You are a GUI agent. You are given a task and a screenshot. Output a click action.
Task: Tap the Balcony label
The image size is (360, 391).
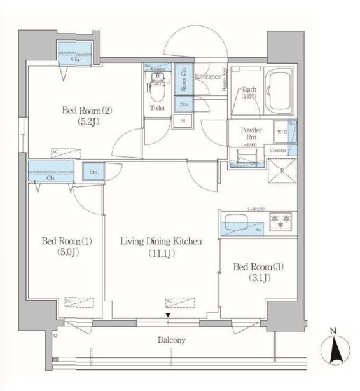tap(171, 340)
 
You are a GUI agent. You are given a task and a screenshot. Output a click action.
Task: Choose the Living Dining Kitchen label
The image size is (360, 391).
tap(162, 247)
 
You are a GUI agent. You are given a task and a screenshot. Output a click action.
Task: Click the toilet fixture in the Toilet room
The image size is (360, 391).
tap(156, 86)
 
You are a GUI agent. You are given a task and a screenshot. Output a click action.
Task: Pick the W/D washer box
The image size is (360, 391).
tap(281, 132)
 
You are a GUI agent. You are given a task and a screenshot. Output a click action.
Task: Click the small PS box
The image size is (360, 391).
tap(183, 121)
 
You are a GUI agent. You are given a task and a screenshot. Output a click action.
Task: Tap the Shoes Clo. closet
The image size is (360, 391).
tap(181, 79)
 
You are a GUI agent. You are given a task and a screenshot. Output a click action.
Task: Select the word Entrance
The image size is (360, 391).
tap(207, 77)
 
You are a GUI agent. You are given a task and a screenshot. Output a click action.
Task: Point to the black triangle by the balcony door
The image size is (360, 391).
tap(168, 315)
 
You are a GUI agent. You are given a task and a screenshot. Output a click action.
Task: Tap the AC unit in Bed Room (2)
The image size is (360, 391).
tap(66, 153)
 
